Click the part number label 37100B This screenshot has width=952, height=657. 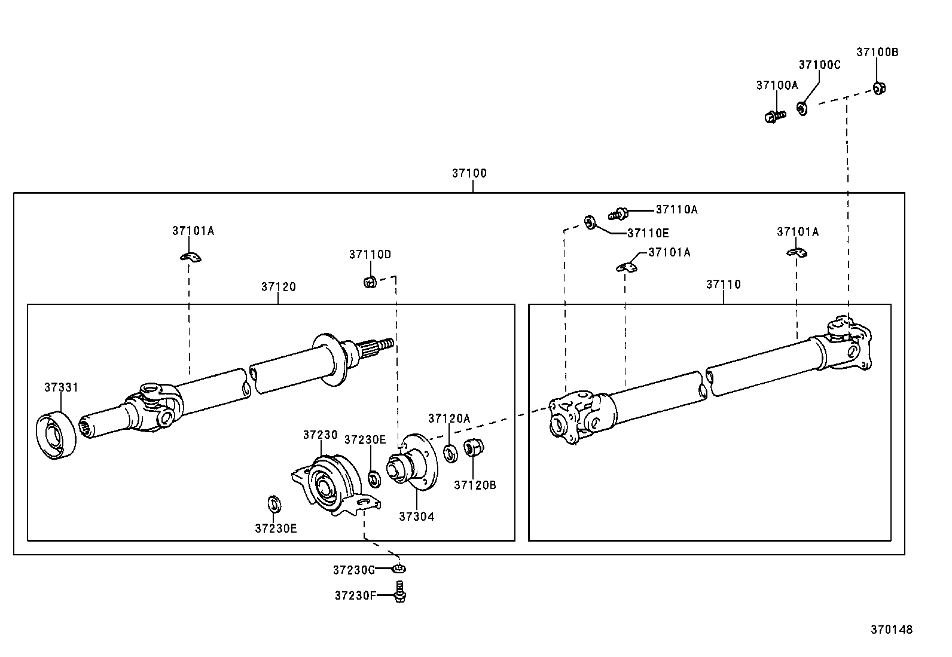pos(877,52)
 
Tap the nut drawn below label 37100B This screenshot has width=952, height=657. pos(879,88)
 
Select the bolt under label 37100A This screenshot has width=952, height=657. pos(775,116)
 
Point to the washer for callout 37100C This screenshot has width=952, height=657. pos(802,108)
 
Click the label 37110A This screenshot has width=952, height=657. pos(676,209)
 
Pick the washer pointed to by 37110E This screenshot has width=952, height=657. pos(590,222)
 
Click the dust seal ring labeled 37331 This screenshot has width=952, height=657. pos(56,435)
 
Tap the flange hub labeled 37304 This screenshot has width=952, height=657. pos(412,462)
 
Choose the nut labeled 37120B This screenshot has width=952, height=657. pos(474,448)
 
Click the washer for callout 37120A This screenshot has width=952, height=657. pos(450,453)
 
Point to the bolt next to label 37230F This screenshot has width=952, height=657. pos(400,592)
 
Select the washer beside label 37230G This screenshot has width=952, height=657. pos(399,569)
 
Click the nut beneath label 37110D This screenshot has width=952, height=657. pos(370,282)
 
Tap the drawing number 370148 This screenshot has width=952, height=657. pos(892,630)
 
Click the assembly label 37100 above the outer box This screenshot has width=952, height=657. pos(469,173)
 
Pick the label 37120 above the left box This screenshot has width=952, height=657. pos(279,287)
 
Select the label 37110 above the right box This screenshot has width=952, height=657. pos(724,285)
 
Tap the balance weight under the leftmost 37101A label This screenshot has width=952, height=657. pos(190,257)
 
